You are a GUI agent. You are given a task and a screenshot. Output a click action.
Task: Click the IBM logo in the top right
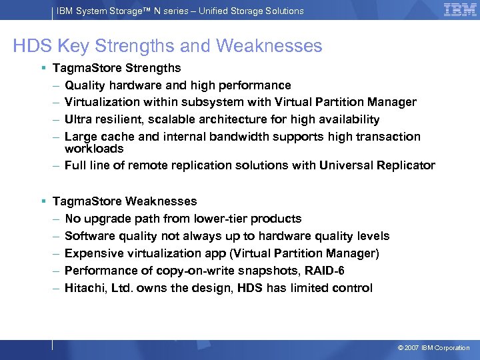459,10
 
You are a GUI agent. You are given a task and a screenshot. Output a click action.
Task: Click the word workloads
94,148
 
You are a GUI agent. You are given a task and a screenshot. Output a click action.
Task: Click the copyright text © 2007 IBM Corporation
433,348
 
